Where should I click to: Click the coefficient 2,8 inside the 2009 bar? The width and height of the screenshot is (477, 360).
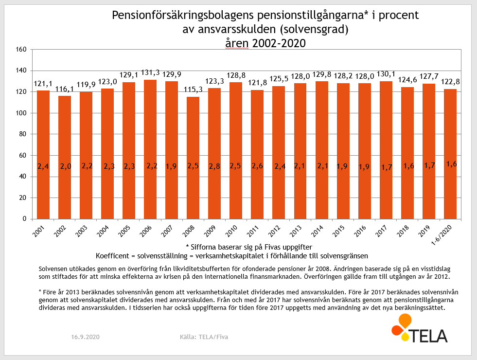tap(214, 166)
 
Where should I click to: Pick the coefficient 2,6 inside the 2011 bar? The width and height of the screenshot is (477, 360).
tap(257, 166)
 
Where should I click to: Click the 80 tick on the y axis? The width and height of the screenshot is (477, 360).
tap(22, 134)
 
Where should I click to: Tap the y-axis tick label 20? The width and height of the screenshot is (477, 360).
tap(22, 198)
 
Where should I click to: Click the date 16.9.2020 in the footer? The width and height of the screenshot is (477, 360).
tap(85, 337)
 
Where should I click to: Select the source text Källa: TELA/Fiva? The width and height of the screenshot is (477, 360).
tap(204, 337)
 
